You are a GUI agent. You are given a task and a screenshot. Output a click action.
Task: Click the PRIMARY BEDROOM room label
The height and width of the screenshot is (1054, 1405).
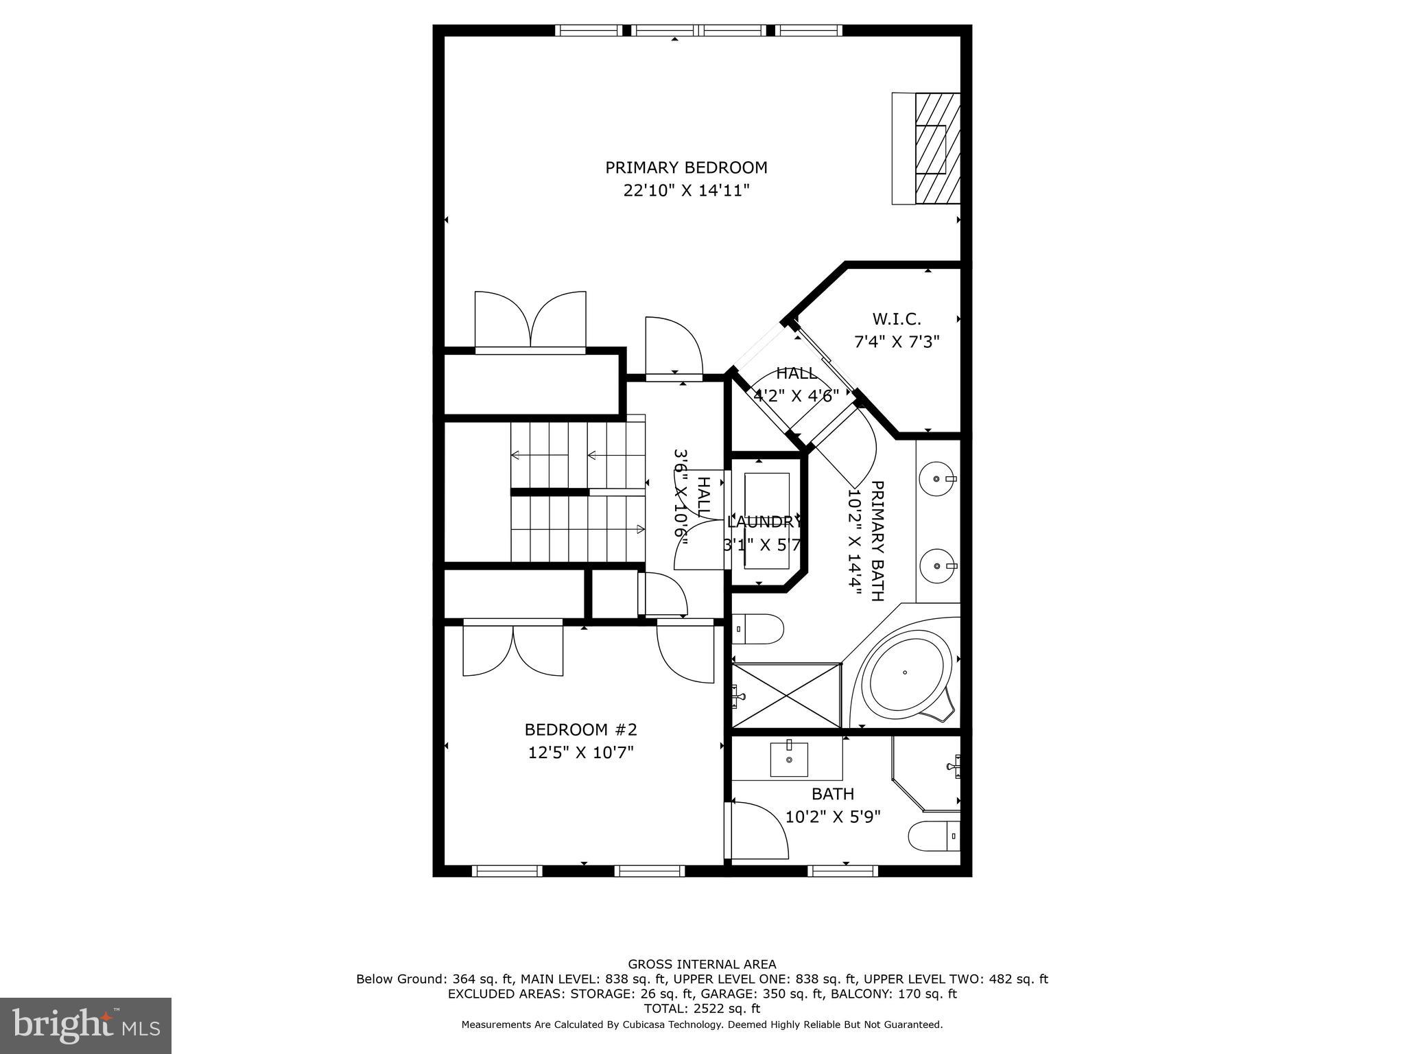click(x=686, y=167)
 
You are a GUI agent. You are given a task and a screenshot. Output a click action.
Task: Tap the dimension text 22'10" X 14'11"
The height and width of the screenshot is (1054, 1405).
click(x=686, y=190)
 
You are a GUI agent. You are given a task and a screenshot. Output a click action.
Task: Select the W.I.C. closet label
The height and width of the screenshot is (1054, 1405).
click(x=897, y=319)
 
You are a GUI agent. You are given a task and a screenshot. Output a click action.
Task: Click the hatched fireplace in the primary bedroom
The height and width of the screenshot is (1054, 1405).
click(x=937, y=148)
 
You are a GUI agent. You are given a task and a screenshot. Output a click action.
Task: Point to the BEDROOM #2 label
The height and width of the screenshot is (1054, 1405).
click(x=581, y=729)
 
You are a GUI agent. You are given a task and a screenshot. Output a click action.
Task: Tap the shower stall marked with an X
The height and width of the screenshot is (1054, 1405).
click(x=786, y=695)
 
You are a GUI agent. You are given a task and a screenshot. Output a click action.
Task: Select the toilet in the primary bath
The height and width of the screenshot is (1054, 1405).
click(x=759, y=629)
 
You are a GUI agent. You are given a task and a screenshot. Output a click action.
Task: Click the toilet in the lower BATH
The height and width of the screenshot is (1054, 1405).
click(x=933, y=836)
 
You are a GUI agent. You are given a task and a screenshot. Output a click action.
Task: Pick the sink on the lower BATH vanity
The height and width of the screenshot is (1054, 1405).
click(x=789, y=760)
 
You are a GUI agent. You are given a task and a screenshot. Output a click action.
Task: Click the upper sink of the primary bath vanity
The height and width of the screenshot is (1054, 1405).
click(x=938, y=478)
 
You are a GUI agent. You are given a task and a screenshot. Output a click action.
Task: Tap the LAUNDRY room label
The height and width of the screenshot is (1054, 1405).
click(x=764, y=522)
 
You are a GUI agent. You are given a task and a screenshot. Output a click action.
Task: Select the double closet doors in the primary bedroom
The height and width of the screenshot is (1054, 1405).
click(x=530, y=320)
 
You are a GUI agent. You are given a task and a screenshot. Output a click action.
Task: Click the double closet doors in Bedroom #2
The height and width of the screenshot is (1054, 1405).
click(x=513, y=648)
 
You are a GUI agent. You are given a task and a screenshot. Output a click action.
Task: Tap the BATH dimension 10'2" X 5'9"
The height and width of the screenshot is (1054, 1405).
click(x=833, y=817)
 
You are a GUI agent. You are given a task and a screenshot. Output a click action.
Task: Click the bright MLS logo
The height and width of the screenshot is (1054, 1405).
click(x=86, y=1026)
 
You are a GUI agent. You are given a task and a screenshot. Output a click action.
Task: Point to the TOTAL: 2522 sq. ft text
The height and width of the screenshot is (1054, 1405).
click(x=702, y=1009)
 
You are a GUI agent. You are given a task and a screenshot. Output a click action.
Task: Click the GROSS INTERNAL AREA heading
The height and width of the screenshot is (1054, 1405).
click(x=702, y=964)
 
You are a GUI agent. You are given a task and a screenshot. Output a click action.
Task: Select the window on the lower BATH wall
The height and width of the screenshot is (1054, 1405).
click(x=842, y=871)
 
